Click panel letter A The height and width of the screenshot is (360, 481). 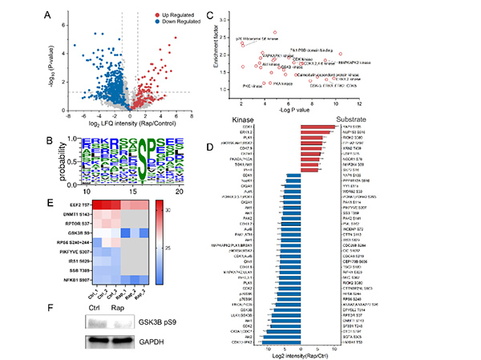point(50,14)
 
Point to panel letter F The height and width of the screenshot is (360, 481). point(50,305)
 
